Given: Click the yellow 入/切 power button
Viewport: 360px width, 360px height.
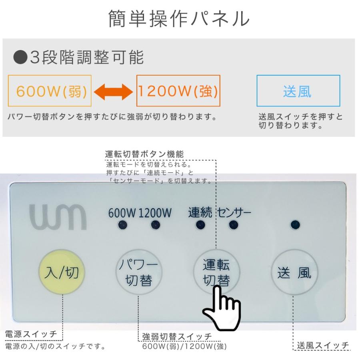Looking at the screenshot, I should coord(62,273).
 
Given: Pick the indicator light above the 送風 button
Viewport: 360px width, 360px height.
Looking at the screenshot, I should coord(295,224).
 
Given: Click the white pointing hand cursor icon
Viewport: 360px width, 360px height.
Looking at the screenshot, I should coord(222,306).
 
